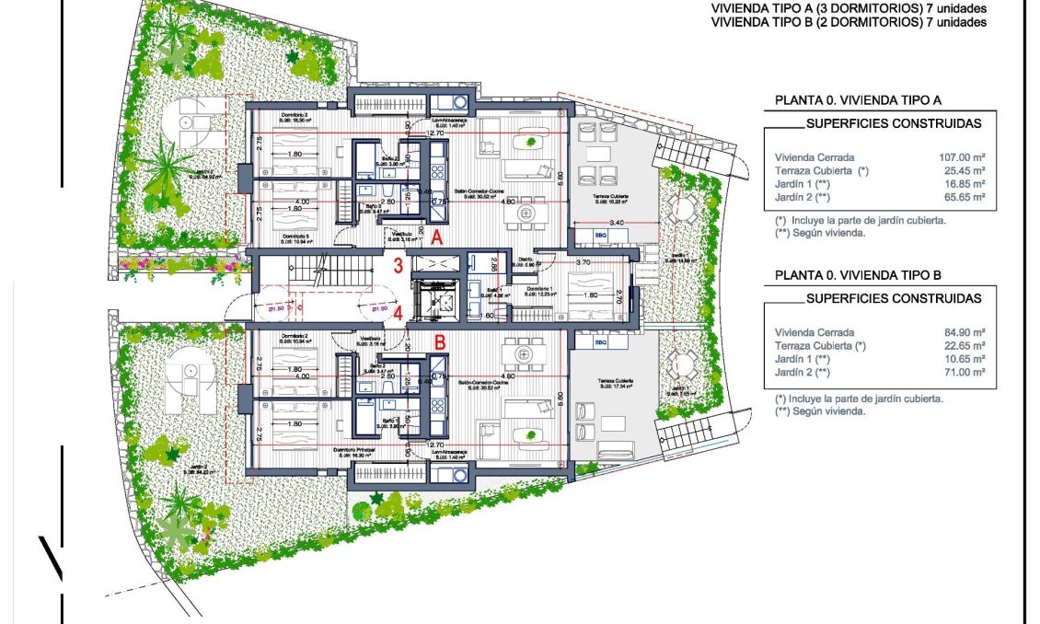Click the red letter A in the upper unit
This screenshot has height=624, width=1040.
click(x=438, y=237)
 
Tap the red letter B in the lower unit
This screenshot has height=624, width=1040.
click(x=440, y=341)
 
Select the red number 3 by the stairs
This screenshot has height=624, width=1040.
click(x=398, y=267)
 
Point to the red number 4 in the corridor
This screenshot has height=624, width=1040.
click(x=398, y=313)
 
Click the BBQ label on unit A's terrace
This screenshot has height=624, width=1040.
click(x=603, y=237)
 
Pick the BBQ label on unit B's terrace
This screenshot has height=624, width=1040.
click(x=601, y=342)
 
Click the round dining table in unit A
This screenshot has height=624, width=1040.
click(x=527, y=212)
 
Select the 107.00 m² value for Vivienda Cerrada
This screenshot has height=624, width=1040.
click(x=963, y=156)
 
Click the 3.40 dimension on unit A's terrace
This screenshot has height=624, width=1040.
click(x=618, y=223)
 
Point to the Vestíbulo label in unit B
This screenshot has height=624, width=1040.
click(x=371, y=339)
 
